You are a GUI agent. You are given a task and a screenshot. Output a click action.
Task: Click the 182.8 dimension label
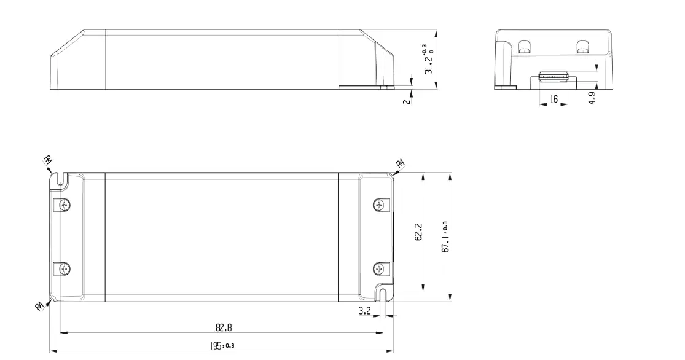[x=222, y=328]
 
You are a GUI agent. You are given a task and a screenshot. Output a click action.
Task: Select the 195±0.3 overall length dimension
[x=221, y=346]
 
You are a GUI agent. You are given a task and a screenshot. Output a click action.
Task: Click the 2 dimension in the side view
[x=405, y=100]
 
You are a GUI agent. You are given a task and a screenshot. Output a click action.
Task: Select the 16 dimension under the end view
[x=554, y=98]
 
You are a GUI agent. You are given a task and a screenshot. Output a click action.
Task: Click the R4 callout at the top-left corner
[x=48, y=161]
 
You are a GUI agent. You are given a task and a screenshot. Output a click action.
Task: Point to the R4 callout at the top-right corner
[x=400, y=163]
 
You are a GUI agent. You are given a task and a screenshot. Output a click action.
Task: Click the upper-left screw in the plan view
[x=63, y=205]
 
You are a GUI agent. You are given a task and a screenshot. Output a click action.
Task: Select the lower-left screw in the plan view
[x=63, y=268]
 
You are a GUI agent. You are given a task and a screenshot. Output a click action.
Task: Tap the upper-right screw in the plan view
[x=379, y=205]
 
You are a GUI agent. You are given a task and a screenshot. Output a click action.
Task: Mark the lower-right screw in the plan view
[x=379, y=268]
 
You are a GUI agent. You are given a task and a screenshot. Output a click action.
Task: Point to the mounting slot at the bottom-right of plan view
[x=383, y=295]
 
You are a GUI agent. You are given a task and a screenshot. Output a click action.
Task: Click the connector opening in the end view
[x=554, y=77]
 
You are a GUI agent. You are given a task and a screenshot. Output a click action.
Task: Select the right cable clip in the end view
[x=582, y=45]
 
